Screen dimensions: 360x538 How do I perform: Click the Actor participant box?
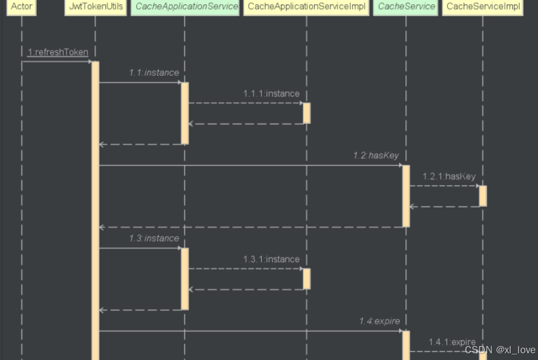(x=22, y=7)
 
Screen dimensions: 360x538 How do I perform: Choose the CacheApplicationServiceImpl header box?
(x=306, y=7)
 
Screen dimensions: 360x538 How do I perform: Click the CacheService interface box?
(x=406, y=7)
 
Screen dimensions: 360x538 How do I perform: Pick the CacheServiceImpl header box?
(x=483, y=7)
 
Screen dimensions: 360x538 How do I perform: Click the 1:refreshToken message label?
(x=57, y=52)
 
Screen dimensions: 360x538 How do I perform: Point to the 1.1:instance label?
(x=154, y=73)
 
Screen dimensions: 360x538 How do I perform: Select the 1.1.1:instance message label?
(x=271, y=93)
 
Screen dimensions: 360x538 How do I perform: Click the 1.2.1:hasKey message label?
(x=449, y=176)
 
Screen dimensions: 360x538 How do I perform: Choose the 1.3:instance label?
(x=154, y=238)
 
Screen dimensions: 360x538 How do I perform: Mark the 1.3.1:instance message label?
(x=271, y=259)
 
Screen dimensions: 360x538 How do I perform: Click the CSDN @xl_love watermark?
(x=499, y=350)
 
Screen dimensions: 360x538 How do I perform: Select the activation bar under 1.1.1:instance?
(x=306, y=113)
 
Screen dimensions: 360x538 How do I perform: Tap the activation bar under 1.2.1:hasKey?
(x=483, y=196)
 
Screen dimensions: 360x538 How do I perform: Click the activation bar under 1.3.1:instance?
(x=306, y=279)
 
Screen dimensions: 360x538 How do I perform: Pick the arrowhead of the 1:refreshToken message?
(x=89, y=61)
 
